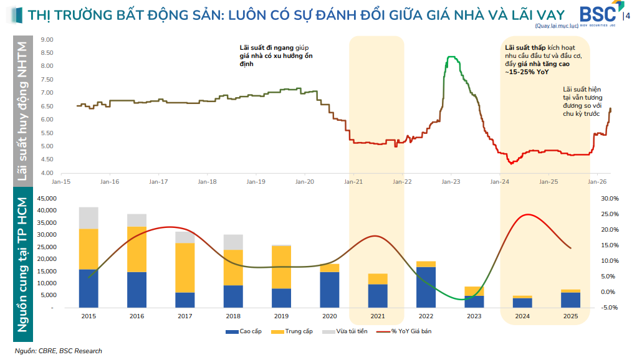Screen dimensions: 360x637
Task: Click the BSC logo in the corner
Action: [599, 16]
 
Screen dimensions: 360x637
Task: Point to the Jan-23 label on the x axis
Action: [451, 182]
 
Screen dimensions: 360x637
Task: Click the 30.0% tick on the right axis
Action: [609, 199]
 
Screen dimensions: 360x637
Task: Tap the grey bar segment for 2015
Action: [89, 218]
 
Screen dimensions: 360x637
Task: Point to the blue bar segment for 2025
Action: [571, 300]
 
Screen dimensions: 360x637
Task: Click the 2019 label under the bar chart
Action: [281, 316]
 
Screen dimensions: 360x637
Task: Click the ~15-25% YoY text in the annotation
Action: [527, 72]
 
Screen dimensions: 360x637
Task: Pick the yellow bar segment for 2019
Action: [281, 267]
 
